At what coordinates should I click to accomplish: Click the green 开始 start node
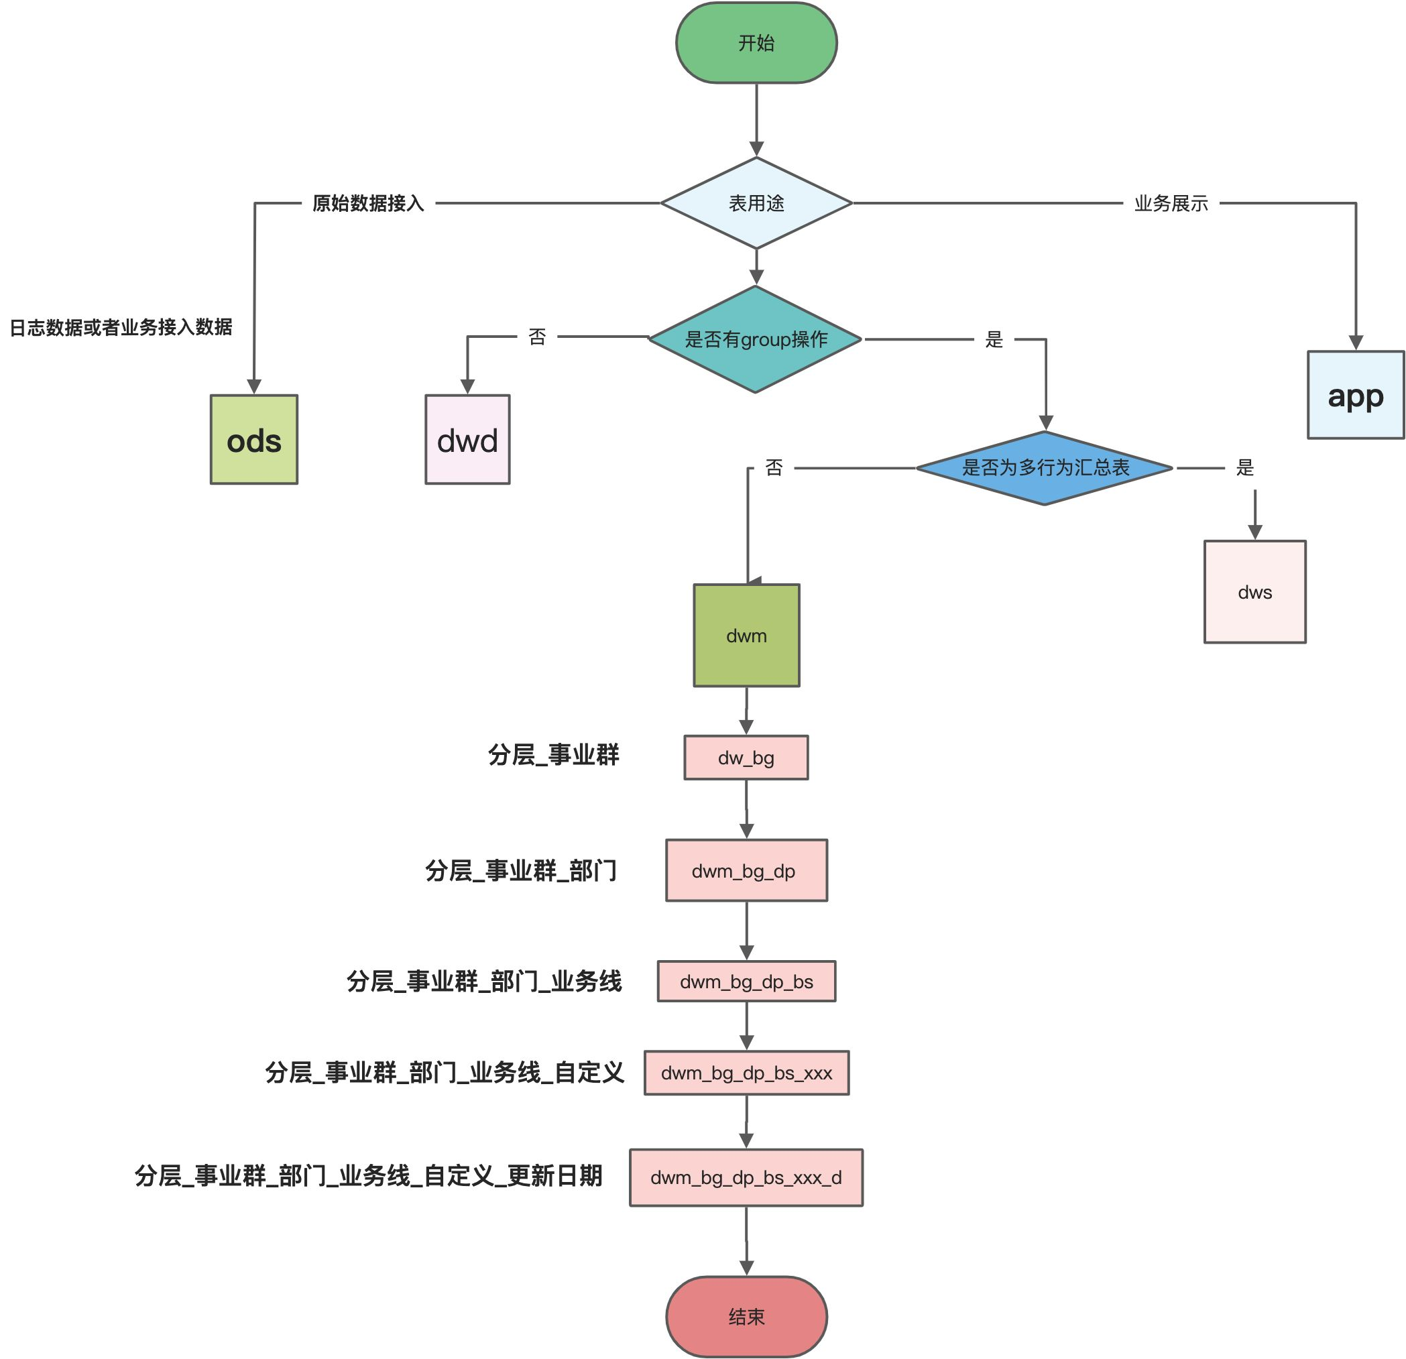click(x=756, y=43)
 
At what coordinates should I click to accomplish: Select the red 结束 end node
click(x=746, y=1316)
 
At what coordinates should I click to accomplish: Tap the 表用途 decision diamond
click(x=756, y=203)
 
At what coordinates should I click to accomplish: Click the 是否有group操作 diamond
click(x=756, y=339)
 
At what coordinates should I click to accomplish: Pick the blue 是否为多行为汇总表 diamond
click(x=1045, y=467)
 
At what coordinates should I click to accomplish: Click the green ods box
click(x=254, y=440)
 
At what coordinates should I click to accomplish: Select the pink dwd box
click(x=468, y=440)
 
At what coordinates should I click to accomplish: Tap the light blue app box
click(x=1355, y=394)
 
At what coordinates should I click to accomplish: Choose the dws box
click(x=1254, y=591)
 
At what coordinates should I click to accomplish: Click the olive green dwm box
click(x=746, y=636)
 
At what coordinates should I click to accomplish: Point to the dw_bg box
click(x=746, y=758)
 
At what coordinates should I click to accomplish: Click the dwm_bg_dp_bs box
click(x=746, y=981)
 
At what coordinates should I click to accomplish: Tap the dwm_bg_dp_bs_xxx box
click(x=746, y=1073)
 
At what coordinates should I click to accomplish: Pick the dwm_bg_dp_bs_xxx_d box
click(x=746, y=1177)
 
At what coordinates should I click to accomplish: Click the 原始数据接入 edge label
click(x=368, y=203)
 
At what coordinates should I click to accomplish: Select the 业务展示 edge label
click(x=1171, y=203)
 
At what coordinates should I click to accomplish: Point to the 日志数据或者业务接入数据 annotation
click(x=121, y=327)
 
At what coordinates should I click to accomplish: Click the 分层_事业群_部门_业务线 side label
click(x=484, y=981)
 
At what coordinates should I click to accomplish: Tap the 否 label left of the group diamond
click(x=537, y=337)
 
